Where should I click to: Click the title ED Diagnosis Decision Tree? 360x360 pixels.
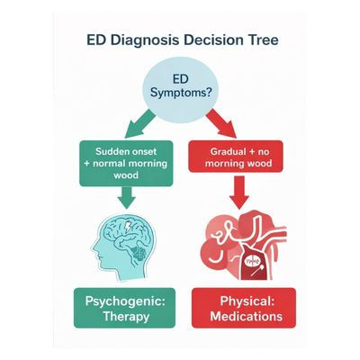point(180,40)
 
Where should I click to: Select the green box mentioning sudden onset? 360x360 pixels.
point(123,159)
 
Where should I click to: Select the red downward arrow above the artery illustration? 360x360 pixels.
point(238,193)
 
